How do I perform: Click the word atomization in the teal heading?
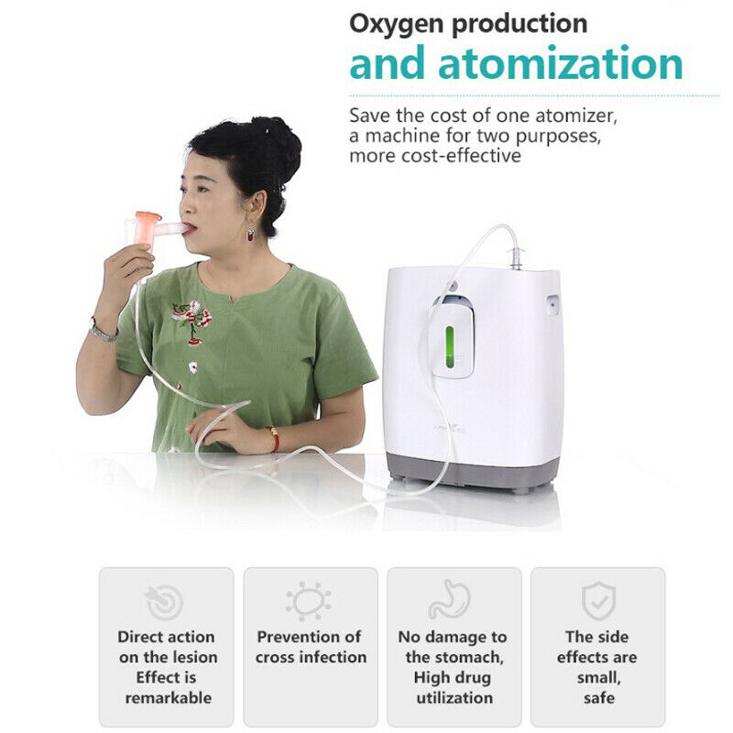tap(561, 63)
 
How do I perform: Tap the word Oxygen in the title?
tap(398, 25)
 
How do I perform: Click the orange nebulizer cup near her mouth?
tap(147, 226)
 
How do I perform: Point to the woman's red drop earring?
tap(251, 233)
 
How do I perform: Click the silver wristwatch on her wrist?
tap(102, 332)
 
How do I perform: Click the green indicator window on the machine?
tap(449, 347)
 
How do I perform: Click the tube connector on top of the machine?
tap(516, 258)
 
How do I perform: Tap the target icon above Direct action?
tap(165, 602)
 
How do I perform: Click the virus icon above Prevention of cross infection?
tap(309, 600)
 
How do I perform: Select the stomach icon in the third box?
tap(449, 600)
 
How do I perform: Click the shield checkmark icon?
tap(598, 601)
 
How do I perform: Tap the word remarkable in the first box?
tap(169, 698)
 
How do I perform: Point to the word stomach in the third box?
tap(471, 657)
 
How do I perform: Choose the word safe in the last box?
tap(599, 698)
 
